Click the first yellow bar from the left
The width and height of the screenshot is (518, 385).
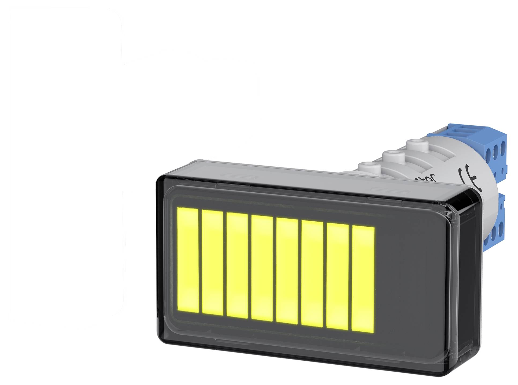(188, 259)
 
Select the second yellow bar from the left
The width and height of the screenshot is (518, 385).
(212, 262)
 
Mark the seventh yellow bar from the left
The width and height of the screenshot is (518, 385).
(338, 276)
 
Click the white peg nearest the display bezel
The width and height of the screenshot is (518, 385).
(369, 167)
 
